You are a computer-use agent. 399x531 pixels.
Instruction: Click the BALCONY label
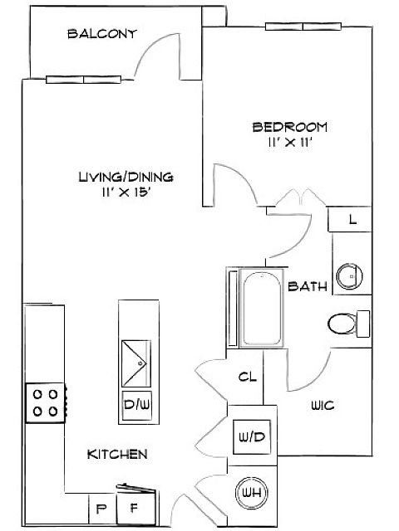click(x=102, y=34)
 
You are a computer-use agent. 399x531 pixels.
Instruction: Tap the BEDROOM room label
click(x=290, y=127)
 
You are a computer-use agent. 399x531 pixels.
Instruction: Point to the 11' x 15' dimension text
click(x=126, y=192)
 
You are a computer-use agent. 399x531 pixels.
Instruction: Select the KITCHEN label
click(x=117, y=454)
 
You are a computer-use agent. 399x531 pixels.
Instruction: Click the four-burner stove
click(x=46, y=402)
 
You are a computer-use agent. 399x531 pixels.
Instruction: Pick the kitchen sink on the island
click(x=136, y=363)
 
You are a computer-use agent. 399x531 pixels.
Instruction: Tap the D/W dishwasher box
click(x=136, y=406)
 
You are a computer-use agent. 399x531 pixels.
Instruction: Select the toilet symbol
click(x=349, y=324)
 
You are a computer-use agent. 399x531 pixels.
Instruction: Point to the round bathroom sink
click(x=349, y=276)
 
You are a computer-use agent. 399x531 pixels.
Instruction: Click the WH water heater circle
click(x=252, y=492)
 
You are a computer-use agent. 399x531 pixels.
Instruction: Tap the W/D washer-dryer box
click(x=252, y=437)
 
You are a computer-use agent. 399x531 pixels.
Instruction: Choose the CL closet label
click(x=248, y=377)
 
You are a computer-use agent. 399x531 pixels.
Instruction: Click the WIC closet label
click(x=323, y=406)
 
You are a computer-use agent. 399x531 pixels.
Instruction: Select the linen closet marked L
click(x=350, y=219)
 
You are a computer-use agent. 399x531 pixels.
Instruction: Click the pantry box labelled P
click(x=102, y=509)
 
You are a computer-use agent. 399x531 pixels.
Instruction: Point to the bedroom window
click(x=303, y=27)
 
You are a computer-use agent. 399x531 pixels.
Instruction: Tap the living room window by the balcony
click(x=83, y=80)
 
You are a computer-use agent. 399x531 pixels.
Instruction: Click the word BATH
click(x=308, y=286)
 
